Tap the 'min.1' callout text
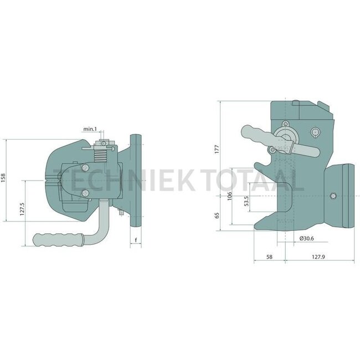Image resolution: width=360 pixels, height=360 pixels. [x=91, y=129]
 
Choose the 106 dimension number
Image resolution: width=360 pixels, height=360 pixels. [x=229, y=196]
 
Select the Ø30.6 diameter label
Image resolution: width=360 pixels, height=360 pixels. [x=307, y=238]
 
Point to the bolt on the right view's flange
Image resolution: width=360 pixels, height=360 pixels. [x=333, y=196]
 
